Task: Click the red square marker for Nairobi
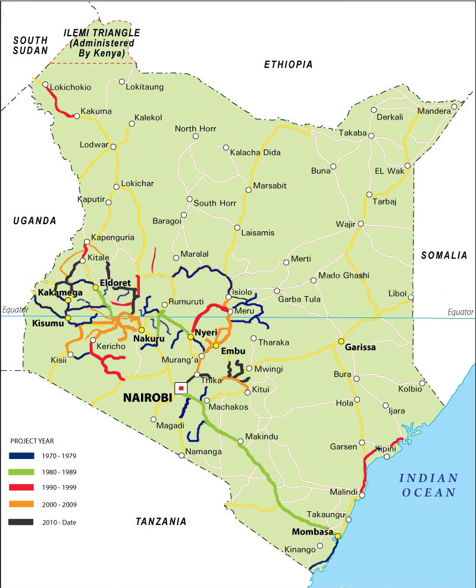(x=180, y=388)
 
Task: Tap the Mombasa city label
(x=312, y=532)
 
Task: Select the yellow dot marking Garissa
(x=341, y=341)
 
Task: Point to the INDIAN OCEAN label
(x=428, y=485)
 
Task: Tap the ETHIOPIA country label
(x=288, y=65)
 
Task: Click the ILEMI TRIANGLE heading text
(x=102, y=32)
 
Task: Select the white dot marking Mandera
(x=454, y=107)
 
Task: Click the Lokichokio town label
(x=71, y=87)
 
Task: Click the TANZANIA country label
(x=161, y=521)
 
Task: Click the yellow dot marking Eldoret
(x=95, y=288)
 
